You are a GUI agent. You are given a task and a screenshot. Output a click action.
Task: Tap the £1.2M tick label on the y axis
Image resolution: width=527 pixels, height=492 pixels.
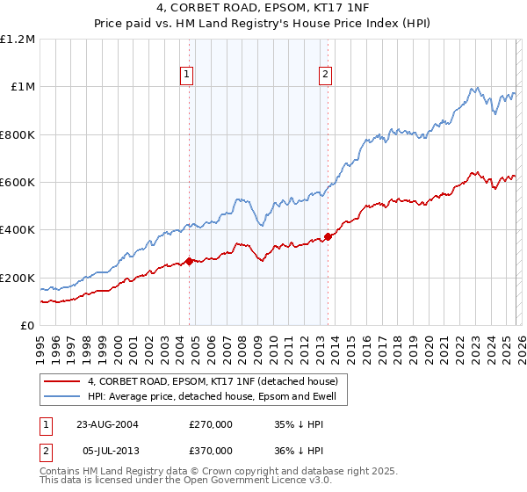point(18,40)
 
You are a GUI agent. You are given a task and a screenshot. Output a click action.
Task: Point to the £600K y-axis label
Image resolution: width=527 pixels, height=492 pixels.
point(18,183)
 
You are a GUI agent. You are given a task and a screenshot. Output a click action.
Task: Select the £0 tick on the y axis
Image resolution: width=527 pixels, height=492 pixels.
point(27,326)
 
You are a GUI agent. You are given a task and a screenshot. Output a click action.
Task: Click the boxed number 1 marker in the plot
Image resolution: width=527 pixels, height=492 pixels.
point(188,76)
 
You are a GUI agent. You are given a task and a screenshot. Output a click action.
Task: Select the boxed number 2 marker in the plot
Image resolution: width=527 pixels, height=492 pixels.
point(325,76)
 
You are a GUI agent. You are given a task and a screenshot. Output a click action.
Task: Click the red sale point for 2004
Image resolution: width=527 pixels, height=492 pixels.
point(190,261)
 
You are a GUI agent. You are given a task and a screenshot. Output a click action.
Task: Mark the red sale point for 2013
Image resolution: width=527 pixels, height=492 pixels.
point(328,236)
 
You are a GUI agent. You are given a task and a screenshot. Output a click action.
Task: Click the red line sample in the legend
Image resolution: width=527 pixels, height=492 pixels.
point(62,381)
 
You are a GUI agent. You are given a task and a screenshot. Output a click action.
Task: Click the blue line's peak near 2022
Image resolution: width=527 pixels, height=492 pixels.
point(475,87)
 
